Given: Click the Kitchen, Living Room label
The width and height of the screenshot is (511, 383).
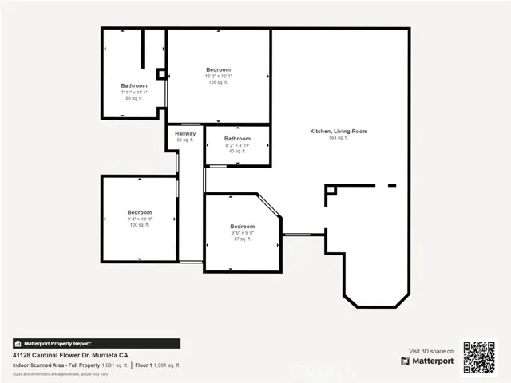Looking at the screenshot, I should point(339,131).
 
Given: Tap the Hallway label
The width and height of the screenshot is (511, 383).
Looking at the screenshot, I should point(185,133).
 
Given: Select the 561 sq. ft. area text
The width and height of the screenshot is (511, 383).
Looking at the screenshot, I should point(339,138).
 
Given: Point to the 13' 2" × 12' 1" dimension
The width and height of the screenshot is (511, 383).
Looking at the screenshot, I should point(218,76).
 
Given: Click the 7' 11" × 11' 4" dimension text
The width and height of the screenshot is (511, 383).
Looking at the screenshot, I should point(134,92).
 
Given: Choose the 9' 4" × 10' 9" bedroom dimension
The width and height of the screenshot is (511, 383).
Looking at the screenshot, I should point(139,219).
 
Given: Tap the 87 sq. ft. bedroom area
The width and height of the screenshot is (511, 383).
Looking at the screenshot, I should point(243,239).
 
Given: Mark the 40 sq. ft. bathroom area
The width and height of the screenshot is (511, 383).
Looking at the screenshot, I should point(237,151).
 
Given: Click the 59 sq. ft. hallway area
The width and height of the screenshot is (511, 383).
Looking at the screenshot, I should point(185,140).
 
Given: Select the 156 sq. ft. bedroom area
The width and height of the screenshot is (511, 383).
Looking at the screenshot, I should point(218,82).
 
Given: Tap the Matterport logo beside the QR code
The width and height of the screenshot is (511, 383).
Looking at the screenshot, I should point(427,361).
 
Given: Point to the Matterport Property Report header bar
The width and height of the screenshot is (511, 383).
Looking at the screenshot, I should point(96,344).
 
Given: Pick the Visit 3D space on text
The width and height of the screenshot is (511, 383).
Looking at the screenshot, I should point(431,351).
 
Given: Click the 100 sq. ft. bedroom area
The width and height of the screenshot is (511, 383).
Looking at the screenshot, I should point(139,225).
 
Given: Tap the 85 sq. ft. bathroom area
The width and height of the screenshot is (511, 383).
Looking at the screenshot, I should point(134,98).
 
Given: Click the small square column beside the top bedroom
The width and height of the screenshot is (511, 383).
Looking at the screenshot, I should point(161,73).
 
